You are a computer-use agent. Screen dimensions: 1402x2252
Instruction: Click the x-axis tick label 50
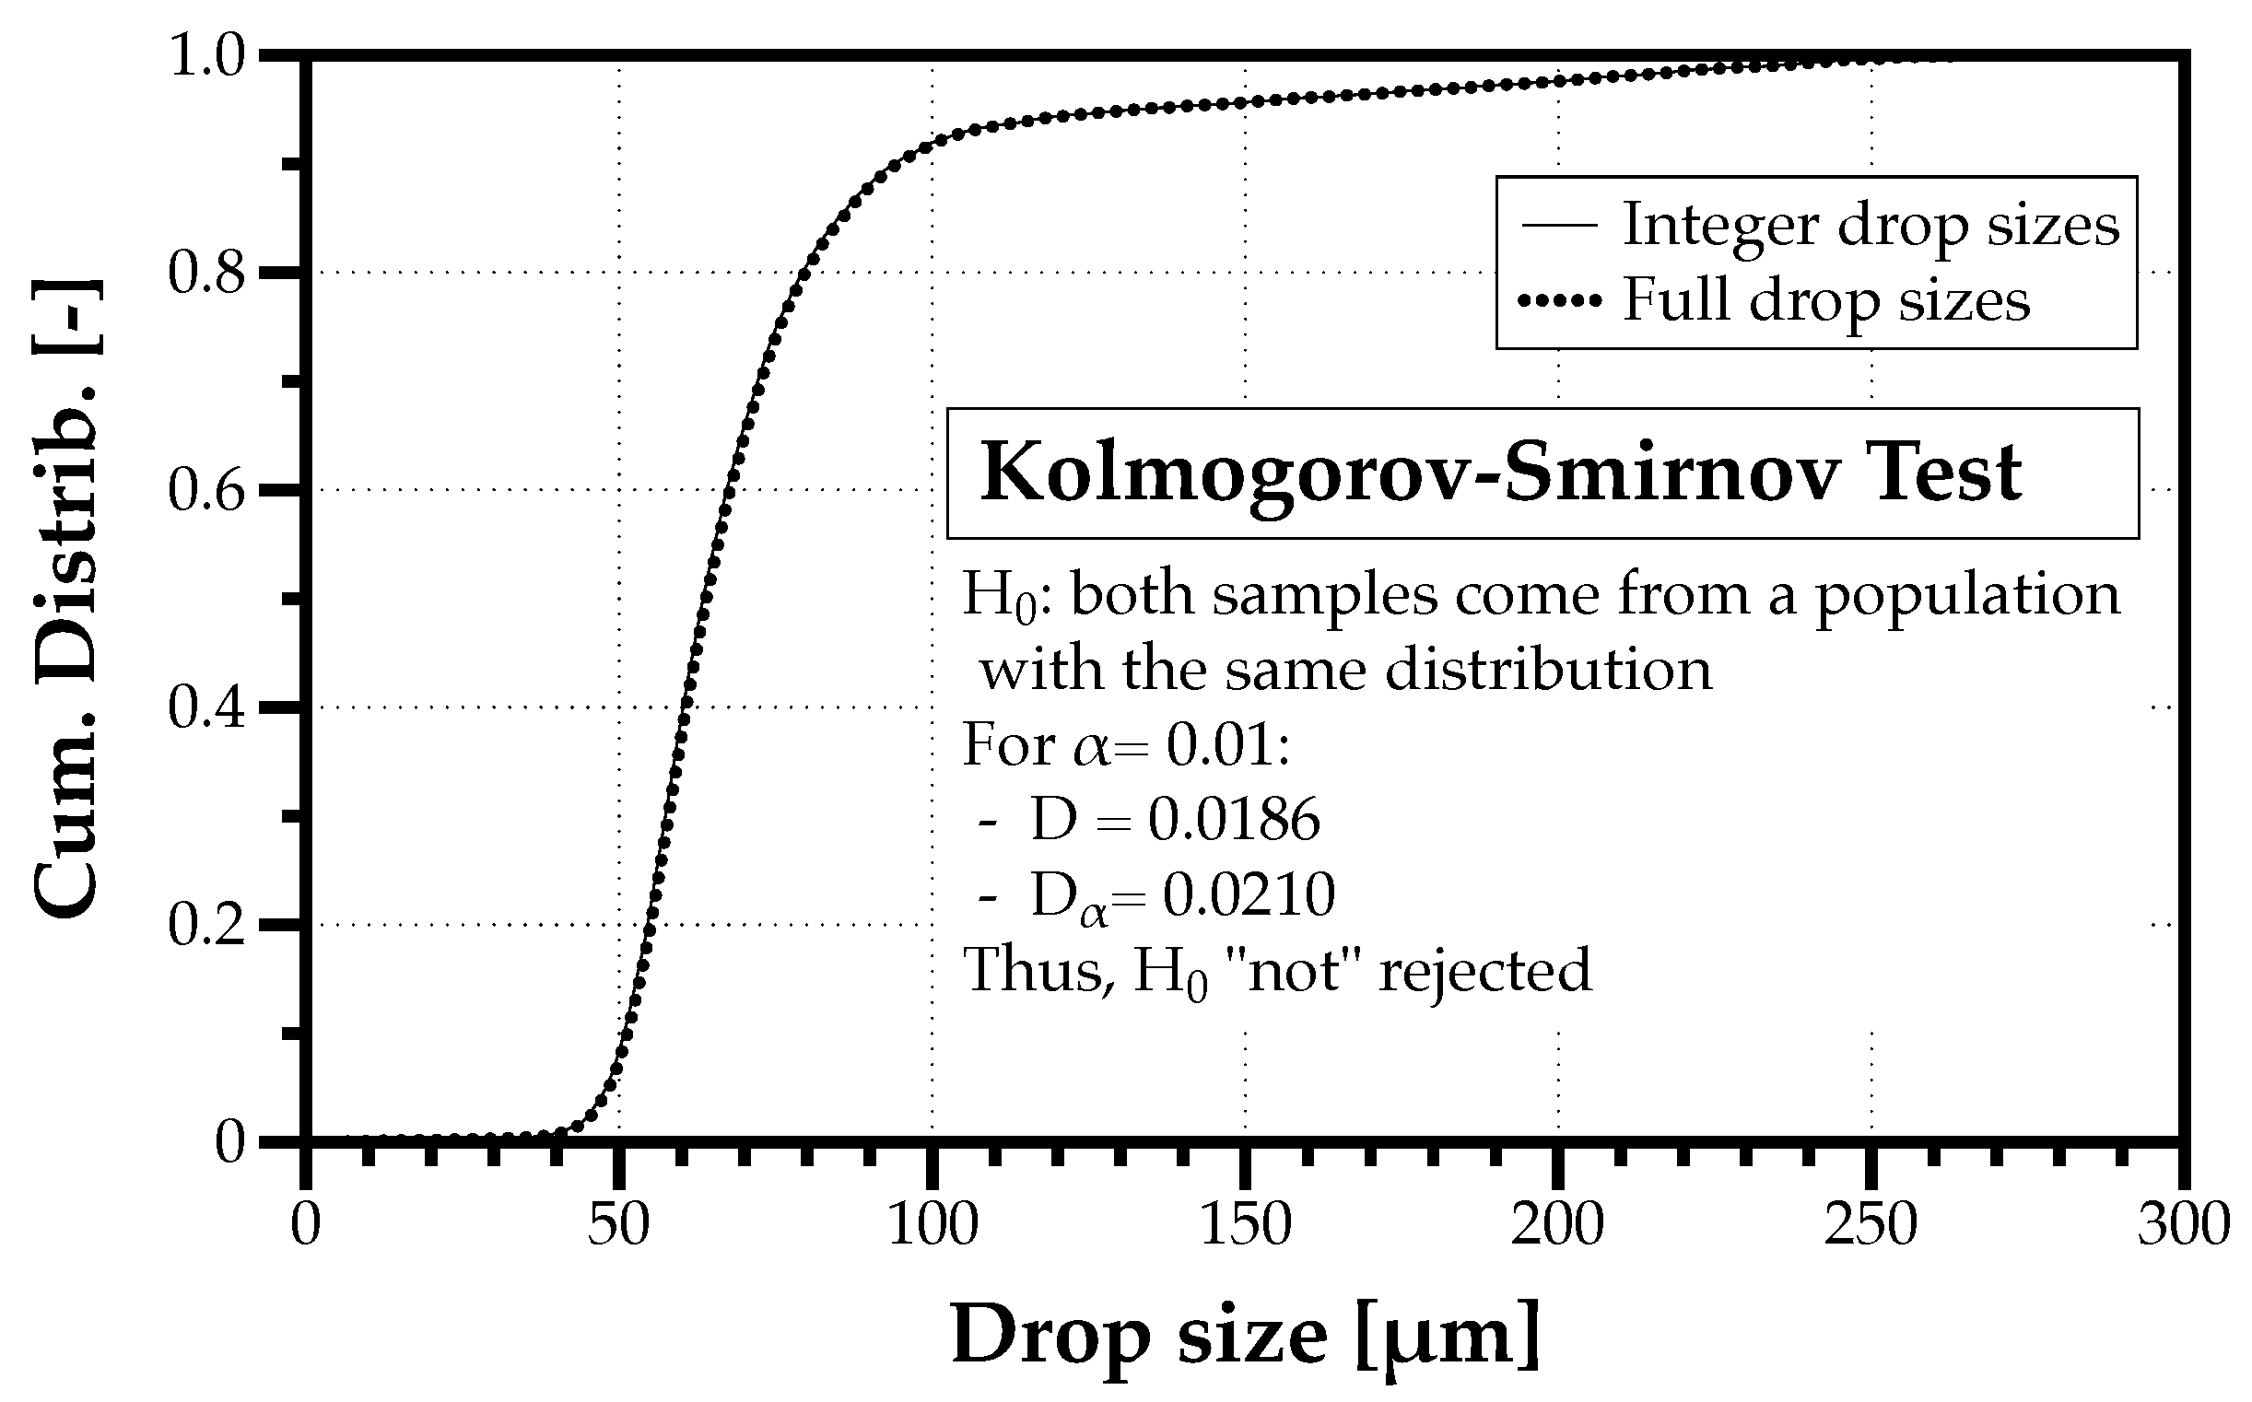tap(618, 1226)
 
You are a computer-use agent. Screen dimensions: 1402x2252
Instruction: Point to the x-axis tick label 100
tap(932, 1226)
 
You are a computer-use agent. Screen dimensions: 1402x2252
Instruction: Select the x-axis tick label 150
tap(1246, 1226)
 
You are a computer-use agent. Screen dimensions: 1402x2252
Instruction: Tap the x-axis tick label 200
tap(1558, 1226)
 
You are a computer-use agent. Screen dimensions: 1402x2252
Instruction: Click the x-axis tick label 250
tap(1871, 1226)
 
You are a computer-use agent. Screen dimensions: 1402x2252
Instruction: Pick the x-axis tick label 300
tap(2184, 1226)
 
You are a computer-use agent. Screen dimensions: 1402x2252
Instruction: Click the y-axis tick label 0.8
tap(205, 273)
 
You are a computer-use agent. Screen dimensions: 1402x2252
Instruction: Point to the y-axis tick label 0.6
tap(205, 490)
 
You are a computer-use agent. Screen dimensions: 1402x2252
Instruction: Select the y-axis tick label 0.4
tap(205, 707)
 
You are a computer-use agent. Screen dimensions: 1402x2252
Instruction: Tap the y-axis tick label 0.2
tap(205, 926)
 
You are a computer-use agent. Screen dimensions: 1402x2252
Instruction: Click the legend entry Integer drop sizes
tap(1870, 226)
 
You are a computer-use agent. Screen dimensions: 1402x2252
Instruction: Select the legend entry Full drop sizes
tap(1825, 300)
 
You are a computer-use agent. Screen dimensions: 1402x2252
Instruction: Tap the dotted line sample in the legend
tap(1559, 300)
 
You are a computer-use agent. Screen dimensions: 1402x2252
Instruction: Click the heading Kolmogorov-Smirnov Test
tap(1501, 473)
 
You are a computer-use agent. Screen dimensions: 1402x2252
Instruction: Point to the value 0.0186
tap(1234, 820)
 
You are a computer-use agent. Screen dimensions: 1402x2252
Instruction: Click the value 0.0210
tap(1249, 894)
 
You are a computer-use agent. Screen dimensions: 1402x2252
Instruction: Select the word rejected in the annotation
tap(1484, 971)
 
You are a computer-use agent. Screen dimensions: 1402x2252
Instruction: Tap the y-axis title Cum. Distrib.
tap(66, 598)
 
